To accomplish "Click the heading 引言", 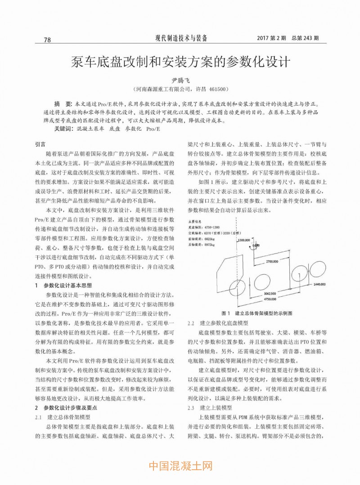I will [40, 145].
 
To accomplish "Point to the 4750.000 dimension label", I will [270, 299].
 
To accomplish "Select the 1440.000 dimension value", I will [319, 284].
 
